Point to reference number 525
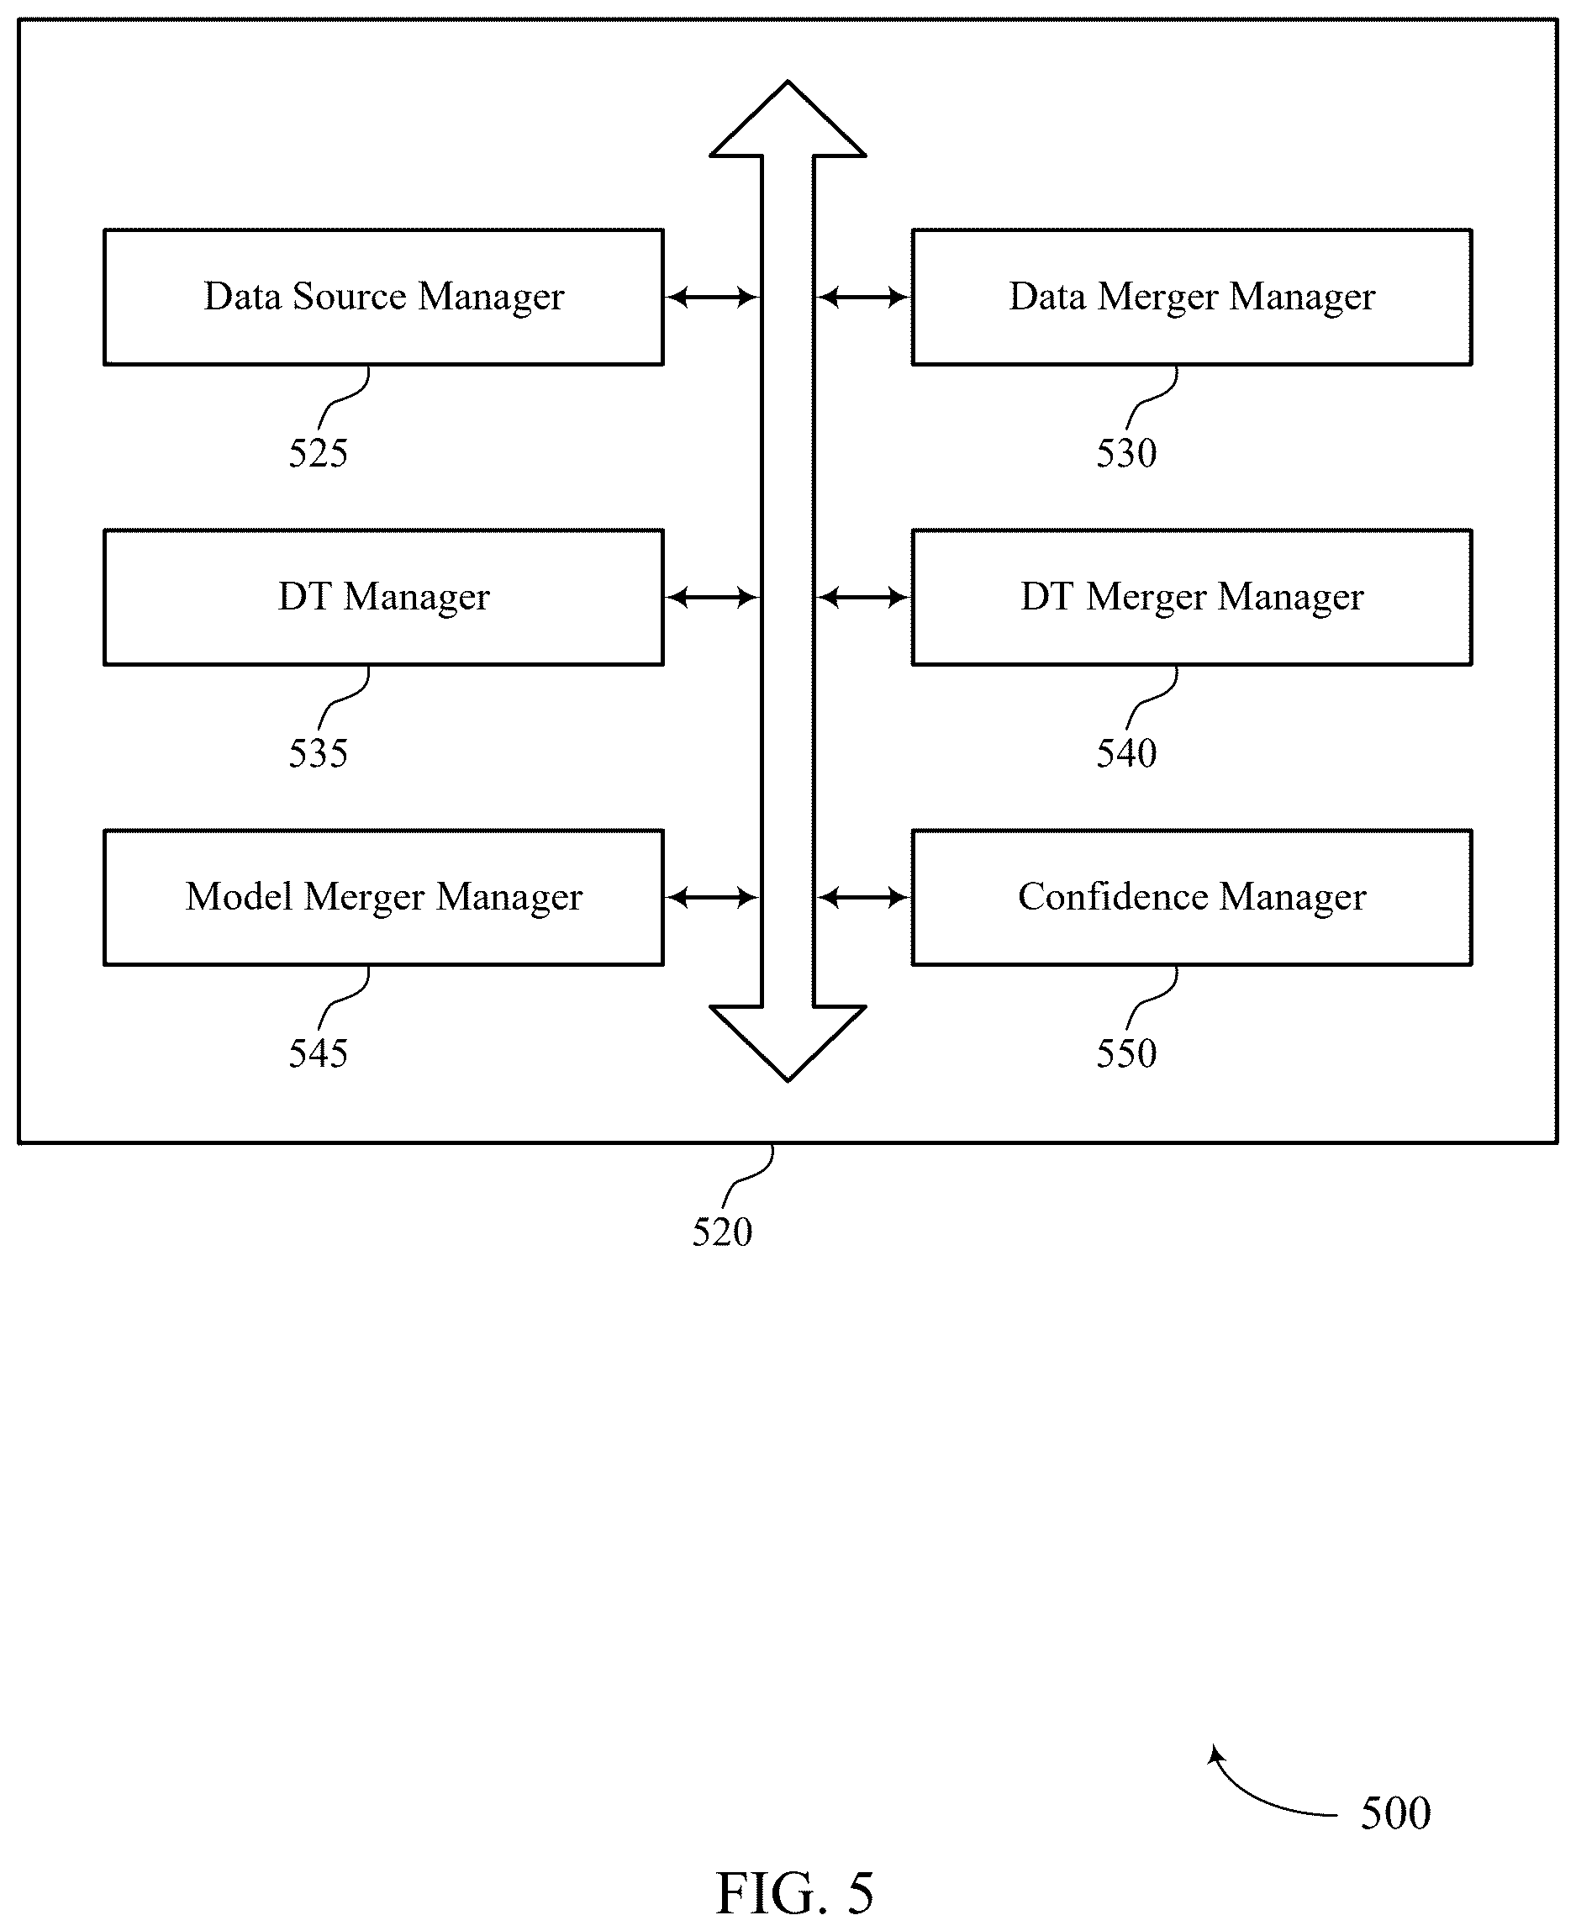[318, 453]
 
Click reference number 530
[1125, 453]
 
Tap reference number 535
[318, 753]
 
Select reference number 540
[1125, 753]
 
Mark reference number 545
[318, 1053]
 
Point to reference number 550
[1125, 1053]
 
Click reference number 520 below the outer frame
[722, 1232]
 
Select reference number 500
[1395, 1813]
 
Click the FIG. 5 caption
[794, 1894]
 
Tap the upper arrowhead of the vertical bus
[787, 119]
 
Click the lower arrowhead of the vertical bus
[787, 1043]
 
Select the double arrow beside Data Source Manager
[713, 297]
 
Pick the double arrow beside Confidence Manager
[862, 897]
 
